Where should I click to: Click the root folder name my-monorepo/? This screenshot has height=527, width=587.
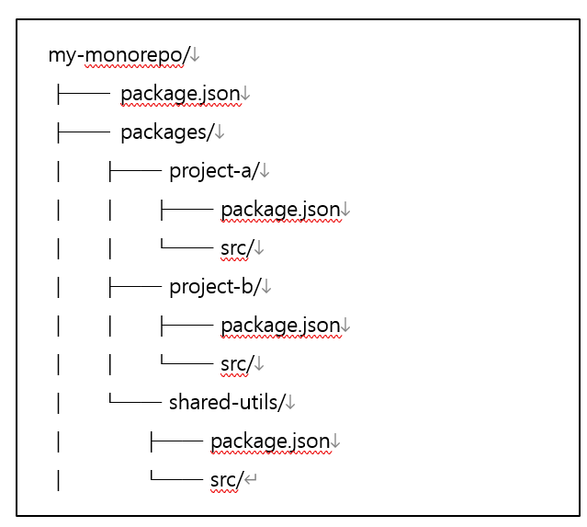(118, 55)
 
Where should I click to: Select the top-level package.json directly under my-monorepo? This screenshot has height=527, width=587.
(180, 94)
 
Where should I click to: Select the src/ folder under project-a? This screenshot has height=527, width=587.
(236, 248)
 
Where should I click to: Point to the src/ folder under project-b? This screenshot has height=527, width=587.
(236, 364)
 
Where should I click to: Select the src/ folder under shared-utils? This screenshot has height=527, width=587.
(226, 480)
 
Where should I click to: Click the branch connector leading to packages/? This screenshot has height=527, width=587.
(83, 132)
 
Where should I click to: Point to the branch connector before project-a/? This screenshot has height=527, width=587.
(134, 171)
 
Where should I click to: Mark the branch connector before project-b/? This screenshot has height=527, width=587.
(134, 287)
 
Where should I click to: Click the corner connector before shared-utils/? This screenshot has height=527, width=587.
(134, 403)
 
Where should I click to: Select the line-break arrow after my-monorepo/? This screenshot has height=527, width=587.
(195, 56)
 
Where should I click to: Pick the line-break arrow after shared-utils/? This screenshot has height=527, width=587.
(290, 404)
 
